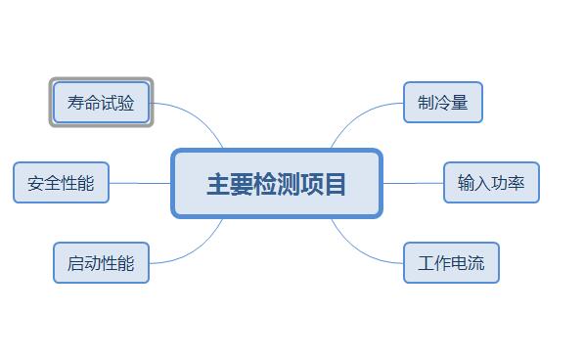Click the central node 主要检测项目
pyautogui.click(x=276, y=183)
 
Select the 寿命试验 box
pyautogui.click(x=101, y=102)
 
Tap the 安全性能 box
pyautogui.click(x=61, y=183)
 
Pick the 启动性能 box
pyautogui.click(x=101, y=262)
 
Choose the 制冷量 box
pyautogui.click(x=442, y=103)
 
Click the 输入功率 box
pyautogui.click(x=491, y=183)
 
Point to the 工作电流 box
pyautogui.click(x=451, y=263)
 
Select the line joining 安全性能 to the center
pyautogui.click(x=140, y=183)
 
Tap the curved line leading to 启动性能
pyautogui.click(x=196, y=253)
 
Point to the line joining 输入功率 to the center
pyautogui.click(x=412, y=183)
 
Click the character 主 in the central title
pyautogui.click(x=217, y=184)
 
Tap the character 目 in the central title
pyautogui.click(x=335, y=184)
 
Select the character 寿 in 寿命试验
pyautogui.click(x=75, y=103)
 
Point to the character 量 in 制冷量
pyautogui.click(x=459, y=103)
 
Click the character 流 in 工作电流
pyautogui.click(x=475, y=263)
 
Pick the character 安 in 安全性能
pyautogui.click(x=36, y=183)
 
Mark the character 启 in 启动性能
pyautogui.click(x=75, y=263)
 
